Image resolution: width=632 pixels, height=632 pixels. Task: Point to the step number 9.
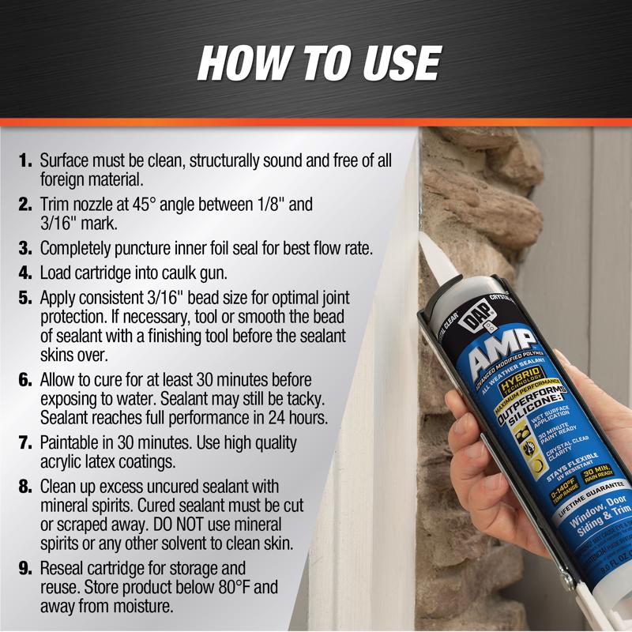(x=26, y=569)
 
